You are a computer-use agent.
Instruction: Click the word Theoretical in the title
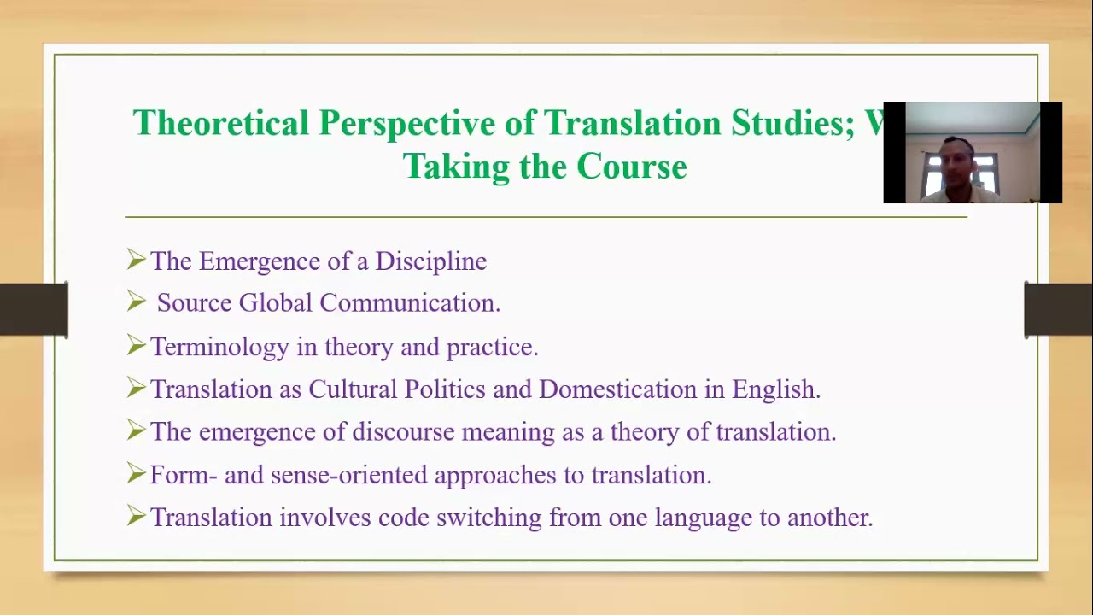click(x=220, y=123)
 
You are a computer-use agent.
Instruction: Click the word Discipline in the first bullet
click(x=430, y=261)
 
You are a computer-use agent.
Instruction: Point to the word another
click(x=829, y=518)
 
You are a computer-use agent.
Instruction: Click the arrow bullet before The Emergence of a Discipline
click(x=136, y=259)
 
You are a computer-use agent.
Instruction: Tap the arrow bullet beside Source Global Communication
click(x=136, y=301)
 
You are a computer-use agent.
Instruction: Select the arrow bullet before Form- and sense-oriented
click(x=136, y=472)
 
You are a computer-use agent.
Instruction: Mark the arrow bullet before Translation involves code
click(x=136, y=515)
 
